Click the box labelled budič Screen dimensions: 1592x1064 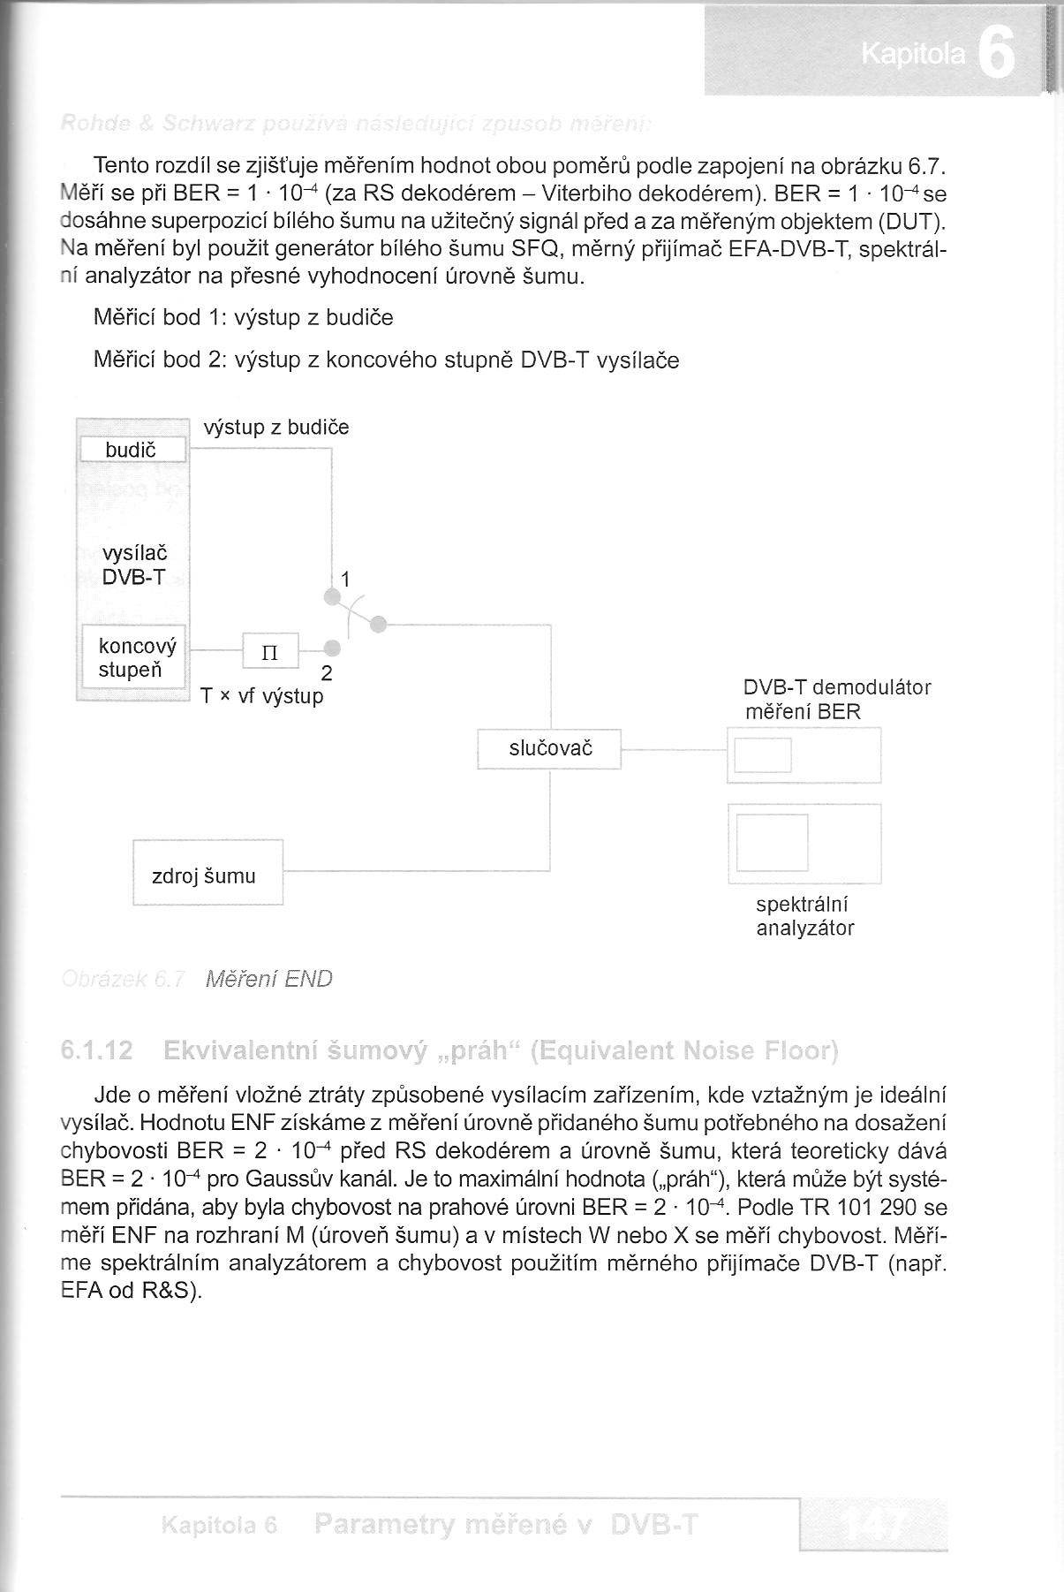coord(133,450)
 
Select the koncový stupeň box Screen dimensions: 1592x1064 coord(133,656)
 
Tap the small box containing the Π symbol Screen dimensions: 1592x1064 coord(270,653)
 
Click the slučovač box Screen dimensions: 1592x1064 coord(549,748)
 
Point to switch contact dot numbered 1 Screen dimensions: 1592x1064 coord(332,598)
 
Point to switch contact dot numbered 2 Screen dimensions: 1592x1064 coord(332,648)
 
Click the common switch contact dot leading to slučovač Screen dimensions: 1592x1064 coord(378,625)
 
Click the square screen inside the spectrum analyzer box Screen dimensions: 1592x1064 coord(772,842)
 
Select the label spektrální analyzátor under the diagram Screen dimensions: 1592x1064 coord(804,916)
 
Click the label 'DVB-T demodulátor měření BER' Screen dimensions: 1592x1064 coord(836,699)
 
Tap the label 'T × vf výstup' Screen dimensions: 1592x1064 coord(262,696)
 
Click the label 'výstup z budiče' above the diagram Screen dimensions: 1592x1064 coord(276,428)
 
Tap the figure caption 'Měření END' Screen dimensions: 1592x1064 coord(268,979)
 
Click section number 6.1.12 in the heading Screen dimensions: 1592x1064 coord(97,1050)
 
